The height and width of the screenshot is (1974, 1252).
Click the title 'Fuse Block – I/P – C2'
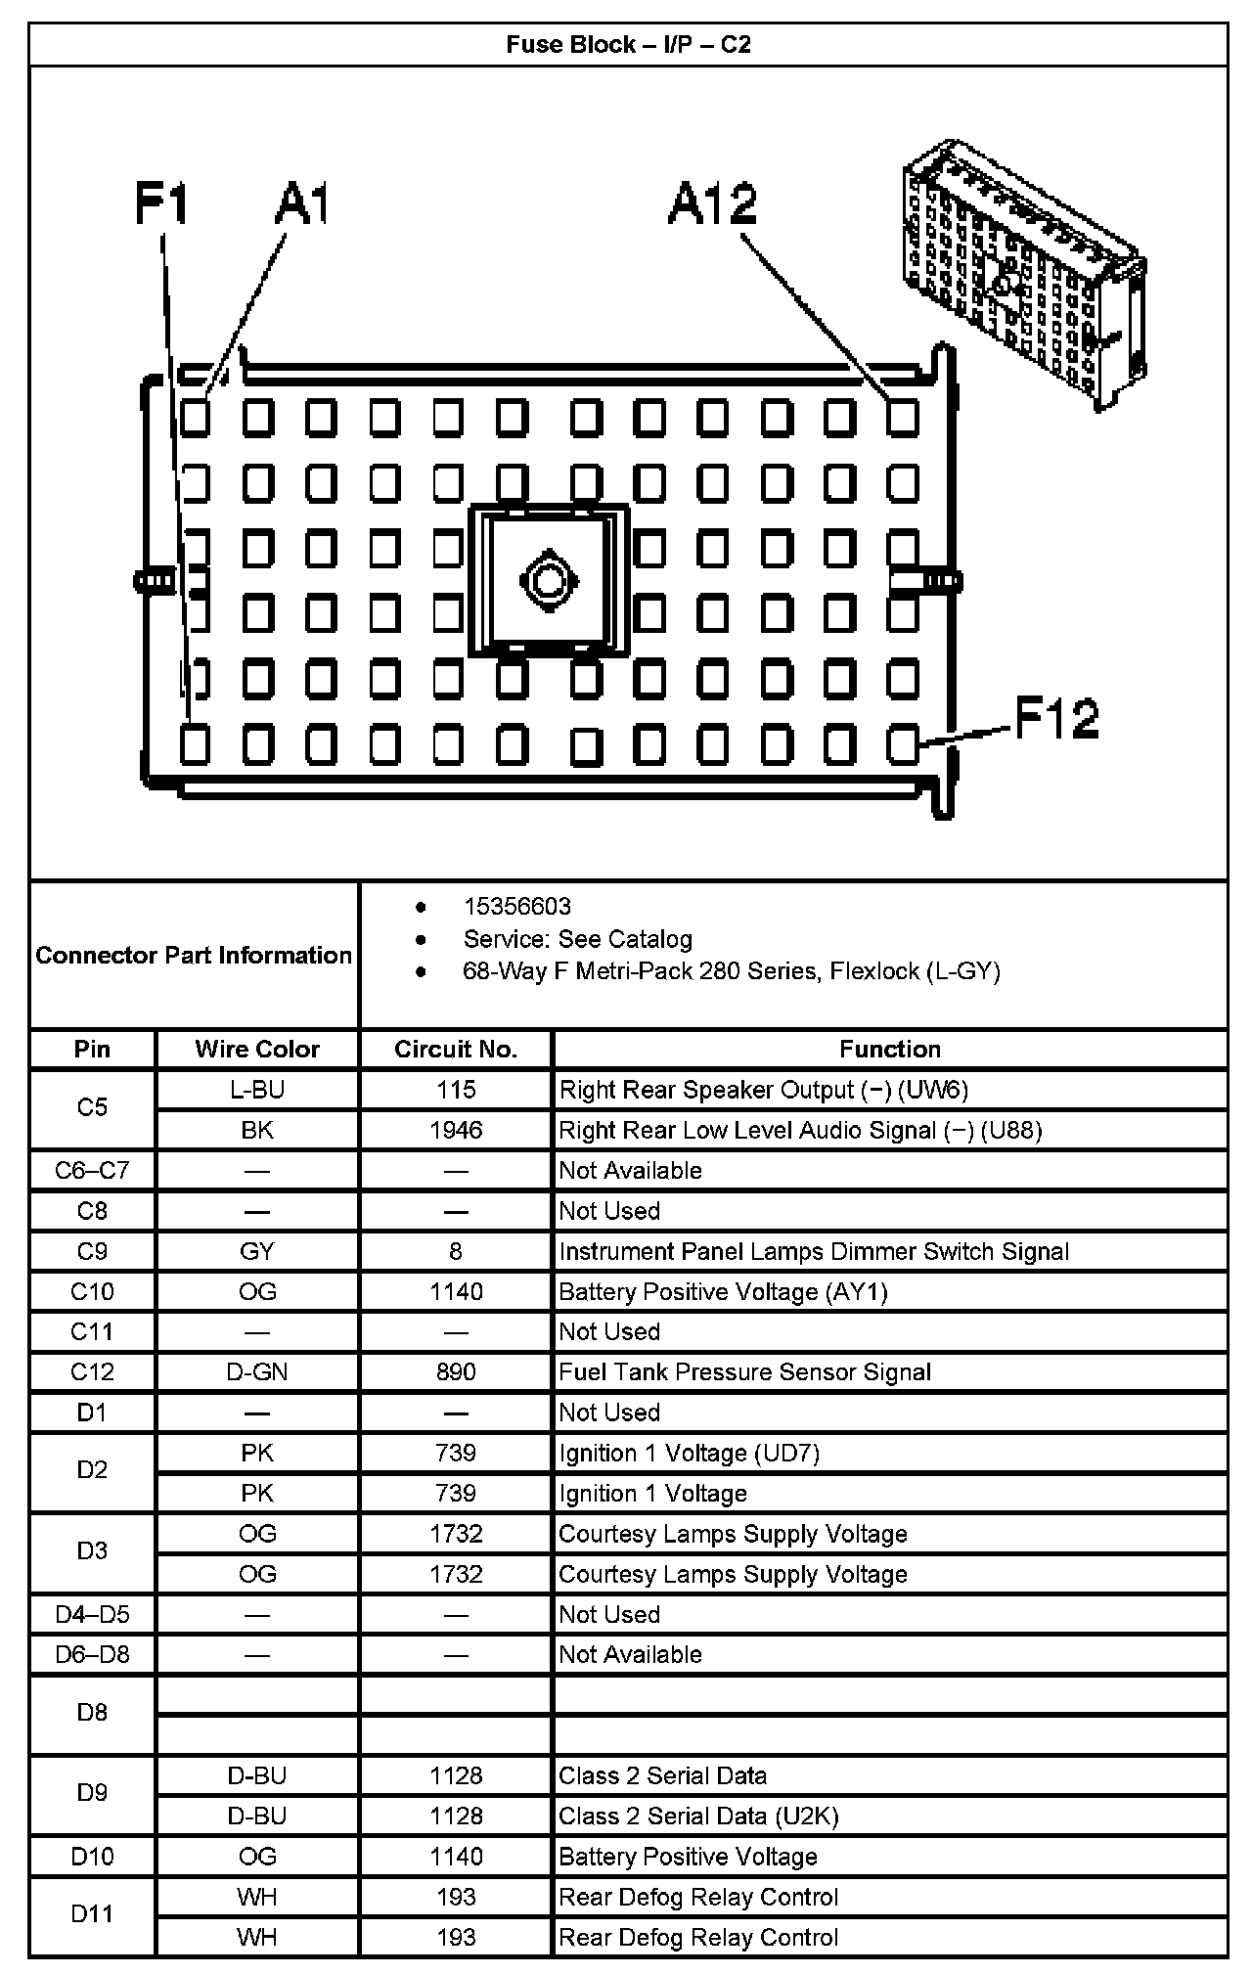628,45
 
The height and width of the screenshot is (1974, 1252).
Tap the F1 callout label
161,204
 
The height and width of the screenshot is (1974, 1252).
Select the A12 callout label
713,204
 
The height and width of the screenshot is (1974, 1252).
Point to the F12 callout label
1056,719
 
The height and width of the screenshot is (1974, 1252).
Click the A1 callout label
301,204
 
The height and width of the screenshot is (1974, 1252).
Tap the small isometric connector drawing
1023,275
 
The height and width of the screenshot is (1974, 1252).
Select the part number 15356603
516,907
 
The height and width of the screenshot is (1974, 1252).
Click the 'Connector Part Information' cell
194,955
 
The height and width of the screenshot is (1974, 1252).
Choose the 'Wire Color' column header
257,1050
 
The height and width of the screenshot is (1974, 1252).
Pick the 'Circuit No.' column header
456,1050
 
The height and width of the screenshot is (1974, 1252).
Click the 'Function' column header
889,1050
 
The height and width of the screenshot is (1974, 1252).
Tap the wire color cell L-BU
257,1090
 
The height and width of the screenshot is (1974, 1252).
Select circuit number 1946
456,1131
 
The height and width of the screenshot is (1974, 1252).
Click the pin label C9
92,1251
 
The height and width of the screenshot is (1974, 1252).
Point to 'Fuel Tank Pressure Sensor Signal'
744,1372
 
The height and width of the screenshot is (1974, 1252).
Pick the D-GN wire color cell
257,1372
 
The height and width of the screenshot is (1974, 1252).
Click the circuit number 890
456,1372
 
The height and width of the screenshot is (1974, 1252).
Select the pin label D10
92,1857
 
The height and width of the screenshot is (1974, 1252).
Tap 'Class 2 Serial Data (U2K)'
698,1817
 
